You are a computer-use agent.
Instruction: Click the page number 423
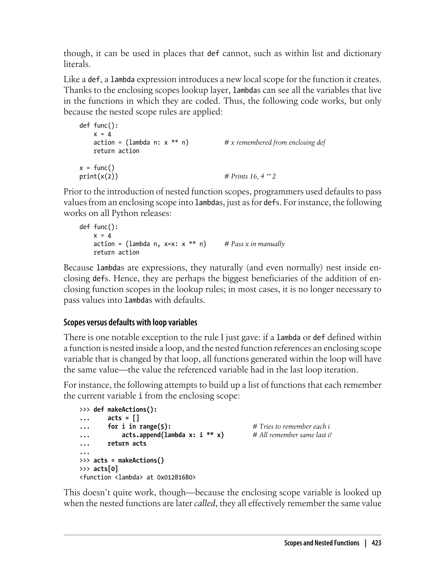click(x=376, y=543)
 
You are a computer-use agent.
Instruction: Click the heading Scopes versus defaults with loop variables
click(x=130, y=322)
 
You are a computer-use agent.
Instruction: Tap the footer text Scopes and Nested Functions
click(x=322, y=543)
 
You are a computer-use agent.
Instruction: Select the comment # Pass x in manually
click(x=254, y=244)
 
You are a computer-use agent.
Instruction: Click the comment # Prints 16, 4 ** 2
click(x=250, y=176)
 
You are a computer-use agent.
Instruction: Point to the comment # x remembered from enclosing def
click(x=275, y=143)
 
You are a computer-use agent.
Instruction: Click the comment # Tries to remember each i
click(x=291, y=426)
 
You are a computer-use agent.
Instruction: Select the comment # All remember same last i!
click(x=292, y=435)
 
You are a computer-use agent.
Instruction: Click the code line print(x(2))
click(x=98, y=176)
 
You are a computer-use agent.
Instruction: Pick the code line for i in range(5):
click(x=139, y=426)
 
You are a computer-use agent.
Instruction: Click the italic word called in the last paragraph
click(x=204, y=503)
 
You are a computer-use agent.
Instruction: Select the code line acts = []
click(x=123, y=418)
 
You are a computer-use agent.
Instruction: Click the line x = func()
click(x=97, y=168)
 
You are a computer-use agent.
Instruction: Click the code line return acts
click(x=127, y=443)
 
